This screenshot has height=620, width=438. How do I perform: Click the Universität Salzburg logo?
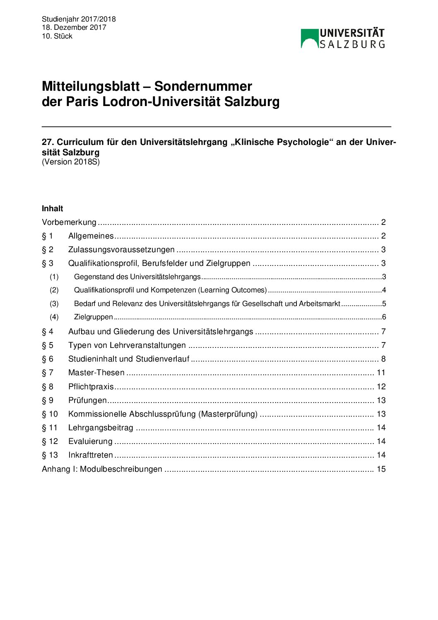coord(343,39)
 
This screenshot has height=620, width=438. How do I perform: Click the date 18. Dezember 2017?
coord(74,27)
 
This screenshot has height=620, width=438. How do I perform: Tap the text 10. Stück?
coord(57,36)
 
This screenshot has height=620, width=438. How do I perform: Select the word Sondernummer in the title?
coord(203,86)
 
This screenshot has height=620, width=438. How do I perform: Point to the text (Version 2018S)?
coord(71,162)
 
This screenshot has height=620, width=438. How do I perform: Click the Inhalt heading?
coord(53,208)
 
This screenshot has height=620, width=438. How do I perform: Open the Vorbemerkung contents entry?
coord(69,222)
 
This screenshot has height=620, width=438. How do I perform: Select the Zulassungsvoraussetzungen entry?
coord(121,250)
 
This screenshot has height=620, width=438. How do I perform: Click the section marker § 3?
coord(48,263)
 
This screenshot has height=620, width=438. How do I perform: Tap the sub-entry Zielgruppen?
coord(93,317)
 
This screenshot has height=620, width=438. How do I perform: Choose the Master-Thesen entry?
coord(96,373)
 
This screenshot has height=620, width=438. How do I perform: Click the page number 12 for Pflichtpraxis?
coord(381,387)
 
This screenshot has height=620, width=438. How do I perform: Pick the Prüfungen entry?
coord(87,400)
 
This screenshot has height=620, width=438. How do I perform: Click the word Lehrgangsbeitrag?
coord(101,428)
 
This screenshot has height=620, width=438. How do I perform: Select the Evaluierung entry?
coord(90,441)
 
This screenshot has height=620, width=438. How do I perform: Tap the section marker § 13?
coord(50,455)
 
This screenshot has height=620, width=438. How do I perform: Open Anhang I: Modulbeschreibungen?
coord(102,469)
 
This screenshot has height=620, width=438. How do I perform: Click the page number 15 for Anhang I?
coord(381,469)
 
